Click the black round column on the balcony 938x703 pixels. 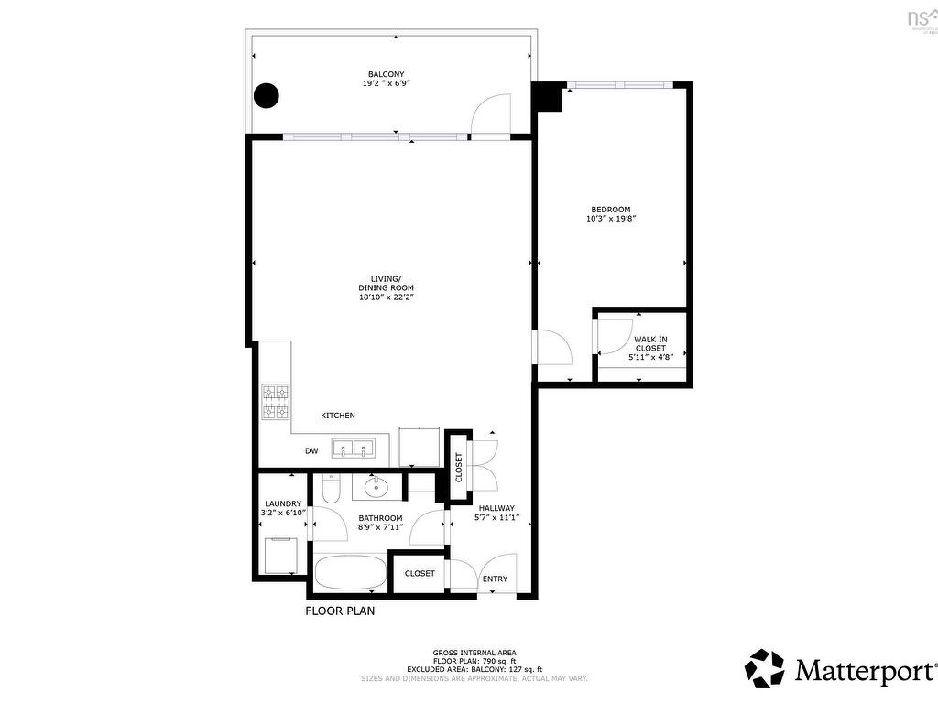pyautogui.click(x=266, y=95)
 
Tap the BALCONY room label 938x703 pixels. pyautogui.click(x=386, y=74)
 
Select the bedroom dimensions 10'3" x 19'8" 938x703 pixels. pyautogui.click(x=610, y=219)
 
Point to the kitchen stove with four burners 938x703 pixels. pyautogui.click(x=276, y=402)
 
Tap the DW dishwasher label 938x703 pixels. pyautogui.click(x=311, y=451)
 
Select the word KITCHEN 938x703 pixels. pyautogui.click(x=337, y=416)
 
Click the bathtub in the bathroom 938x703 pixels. pyautogui.click(x=350, y=575)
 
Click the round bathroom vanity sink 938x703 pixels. pyautogui.click(x=376, y=488)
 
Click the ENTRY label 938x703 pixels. pyautogui.click(x=495, y=579)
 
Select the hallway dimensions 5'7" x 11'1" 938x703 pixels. pyautogui.click(x=496, y=518)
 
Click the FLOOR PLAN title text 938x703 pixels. pyautogui.click(x=340, y=611)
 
